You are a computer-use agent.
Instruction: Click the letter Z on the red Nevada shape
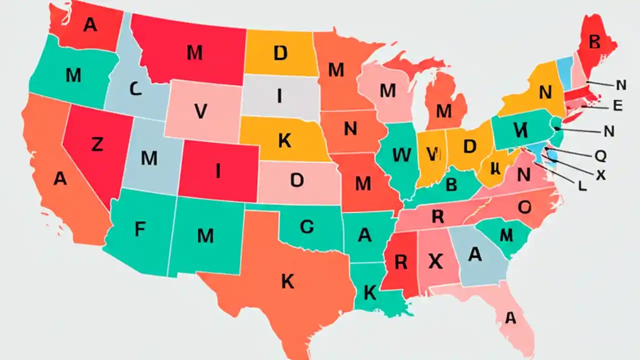(97, 144)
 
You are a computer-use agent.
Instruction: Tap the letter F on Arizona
(140, 228)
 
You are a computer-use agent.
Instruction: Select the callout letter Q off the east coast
(600, 156)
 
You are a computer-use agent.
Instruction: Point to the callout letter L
(582, 185)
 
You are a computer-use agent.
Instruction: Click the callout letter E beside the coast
(617, 105)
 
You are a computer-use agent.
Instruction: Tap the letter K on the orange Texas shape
(287, 281)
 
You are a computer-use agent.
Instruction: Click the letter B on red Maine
(594, 41)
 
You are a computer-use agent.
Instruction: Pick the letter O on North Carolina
(524, 206)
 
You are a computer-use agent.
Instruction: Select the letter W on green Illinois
(402, 155)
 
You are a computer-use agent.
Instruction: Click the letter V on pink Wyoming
(200, 111)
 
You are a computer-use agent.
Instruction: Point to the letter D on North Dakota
(280, 52)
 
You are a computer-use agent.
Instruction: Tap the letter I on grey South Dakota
(279, 95)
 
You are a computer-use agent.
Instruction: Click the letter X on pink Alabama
(436, 260)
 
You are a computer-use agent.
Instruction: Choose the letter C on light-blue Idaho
(135, 89)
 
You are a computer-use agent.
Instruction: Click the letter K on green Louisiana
(369, 292)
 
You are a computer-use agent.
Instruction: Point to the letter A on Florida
(510, 317)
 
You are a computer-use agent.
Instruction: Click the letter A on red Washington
(89, 24)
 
